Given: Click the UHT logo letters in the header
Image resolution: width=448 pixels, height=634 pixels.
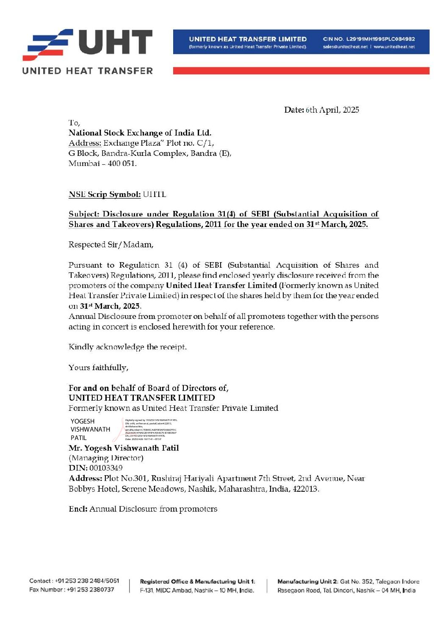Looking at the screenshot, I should (115, 42).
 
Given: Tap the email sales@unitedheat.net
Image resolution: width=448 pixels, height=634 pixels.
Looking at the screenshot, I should (345, 47).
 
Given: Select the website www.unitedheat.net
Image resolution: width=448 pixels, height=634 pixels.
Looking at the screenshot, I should (394, 47).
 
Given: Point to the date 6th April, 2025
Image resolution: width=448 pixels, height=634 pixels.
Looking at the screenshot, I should (332, 110).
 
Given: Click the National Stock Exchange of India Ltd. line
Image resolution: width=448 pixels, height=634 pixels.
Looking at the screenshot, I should (140, 133).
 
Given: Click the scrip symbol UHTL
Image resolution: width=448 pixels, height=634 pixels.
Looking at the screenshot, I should (155, 194).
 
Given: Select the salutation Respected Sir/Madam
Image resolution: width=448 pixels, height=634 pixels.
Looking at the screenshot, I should (111, 245).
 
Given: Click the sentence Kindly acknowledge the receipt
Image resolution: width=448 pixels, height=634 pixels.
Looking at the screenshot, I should (127, 347).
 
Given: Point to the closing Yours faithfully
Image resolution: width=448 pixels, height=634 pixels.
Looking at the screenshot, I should (98, 368).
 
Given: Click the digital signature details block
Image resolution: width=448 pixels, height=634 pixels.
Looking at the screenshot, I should (150, 429).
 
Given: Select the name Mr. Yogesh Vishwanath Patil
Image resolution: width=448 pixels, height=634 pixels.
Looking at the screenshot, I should (124, 448).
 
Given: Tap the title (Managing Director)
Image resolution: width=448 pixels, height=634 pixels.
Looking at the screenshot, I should (106, 458).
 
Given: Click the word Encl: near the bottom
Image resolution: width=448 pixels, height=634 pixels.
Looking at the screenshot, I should (78, 509).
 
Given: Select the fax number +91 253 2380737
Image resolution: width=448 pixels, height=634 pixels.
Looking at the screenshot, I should (90, 590).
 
